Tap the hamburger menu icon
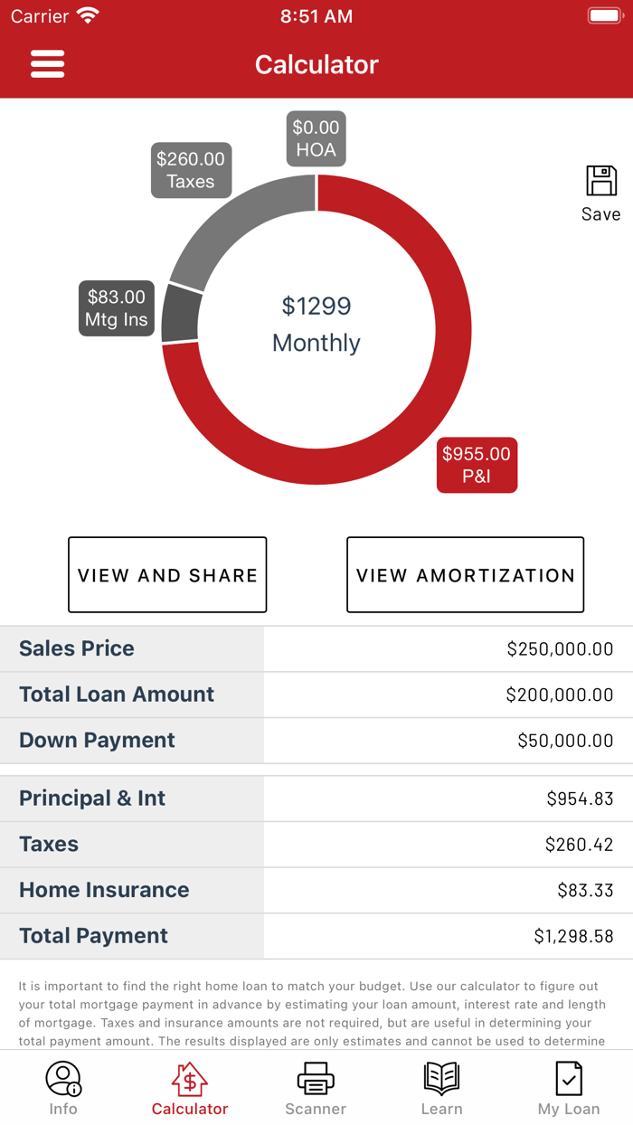pos(47,63)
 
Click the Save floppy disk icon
pos(601,181)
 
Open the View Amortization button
pos(465,575)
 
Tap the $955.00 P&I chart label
pos(477,465)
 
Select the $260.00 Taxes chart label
pos(191,170)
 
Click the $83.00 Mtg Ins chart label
pos(116,308)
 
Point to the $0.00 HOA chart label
pos(316,138)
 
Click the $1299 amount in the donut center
pos(316,307)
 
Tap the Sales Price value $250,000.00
pos(560,648)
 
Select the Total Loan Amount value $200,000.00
pos(560,695)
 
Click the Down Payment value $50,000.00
pos(565,741)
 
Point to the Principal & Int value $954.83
pos(580,799)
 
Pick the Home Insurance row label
pos(104,890)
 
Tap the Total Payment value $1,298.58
pos(573,936)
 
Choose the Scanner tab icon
pos(316,1079)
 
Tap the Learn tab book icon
pos(441,1079)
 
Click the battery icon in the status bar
pos(604,16)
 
